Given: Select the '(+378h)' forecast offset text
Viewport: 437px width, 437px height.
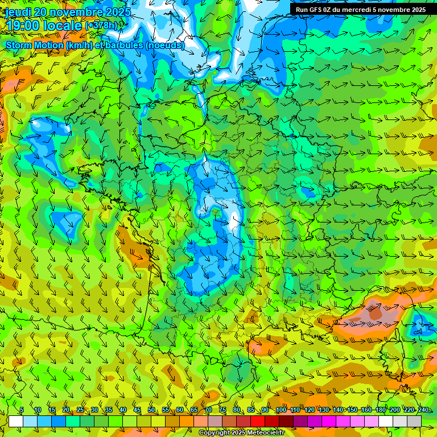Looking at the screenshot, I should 101,26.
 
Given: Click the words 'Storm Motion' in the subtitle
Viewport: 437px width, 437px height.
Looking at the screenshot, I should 34,45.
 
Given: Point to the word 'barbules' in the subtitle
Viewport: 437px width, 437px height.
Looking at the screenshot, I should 123,45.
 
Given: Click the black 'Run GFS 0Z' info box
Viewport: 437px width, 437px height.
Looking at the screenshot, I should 360,10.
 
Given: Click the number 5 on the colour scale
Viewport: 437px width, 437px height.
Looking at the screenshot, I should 22,410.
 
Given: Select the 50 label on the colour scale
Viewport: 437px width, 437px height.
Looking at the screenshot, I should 151,410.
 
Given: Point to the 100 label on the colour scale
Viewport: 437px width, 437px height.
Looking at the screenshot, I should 281,410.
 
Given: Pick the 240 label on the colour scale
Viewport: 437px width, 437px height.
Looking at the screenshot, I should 423,410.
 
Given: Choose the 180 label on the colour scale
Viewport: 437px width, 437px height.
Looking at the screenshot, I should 380,410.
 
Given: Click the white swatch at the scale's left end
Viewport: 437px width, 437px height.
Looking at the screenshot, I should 16,421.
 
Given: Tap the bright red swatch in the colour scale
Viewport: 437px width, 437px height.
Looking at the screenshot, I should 258,421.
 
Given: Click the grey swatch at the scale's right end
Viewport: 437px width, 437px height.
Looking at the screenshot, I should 414,421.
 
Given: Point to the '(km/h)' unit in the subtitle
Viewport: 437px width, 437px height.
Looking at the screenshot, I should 82,45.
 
